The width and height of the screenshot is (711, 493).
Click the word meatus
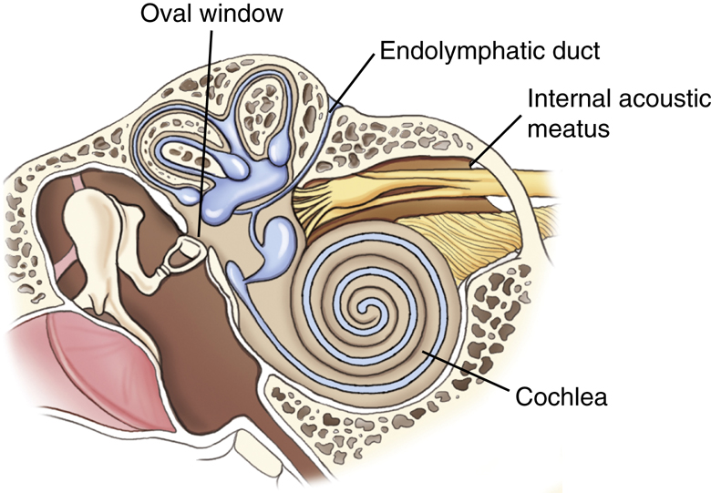[569, 128]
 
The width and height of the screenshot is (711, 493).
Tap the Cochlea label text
[562, 396]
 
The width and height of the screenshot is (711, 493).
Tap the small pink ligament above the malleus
[77, 183]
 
